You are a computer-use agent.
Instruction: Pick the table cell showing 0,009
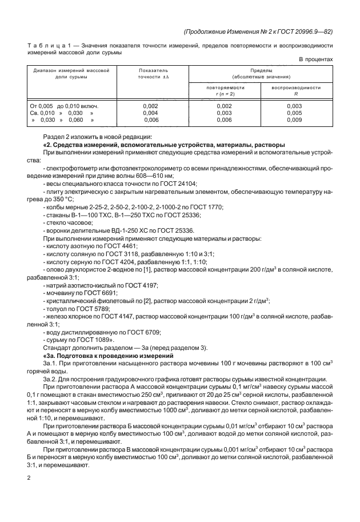click(294, 120)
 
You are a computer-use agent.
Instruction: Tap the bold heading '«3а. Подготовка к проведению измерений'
click(116, 356)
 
